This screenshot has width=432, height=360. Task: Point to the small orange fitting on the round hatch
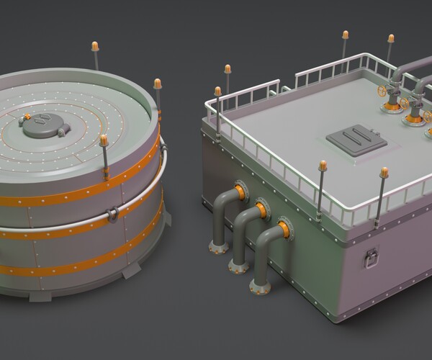pos(27,116)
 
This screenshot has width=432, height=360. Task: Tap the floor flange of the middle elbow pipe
pos(235,266)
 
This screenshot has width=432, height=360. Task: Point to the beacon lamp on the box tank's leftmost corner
pos(217,91)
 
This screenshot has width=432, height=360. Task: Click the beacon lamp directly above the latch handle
pos(384,173)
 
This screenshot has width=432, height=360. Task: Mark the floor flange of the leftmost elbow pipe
pos(214,250)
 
